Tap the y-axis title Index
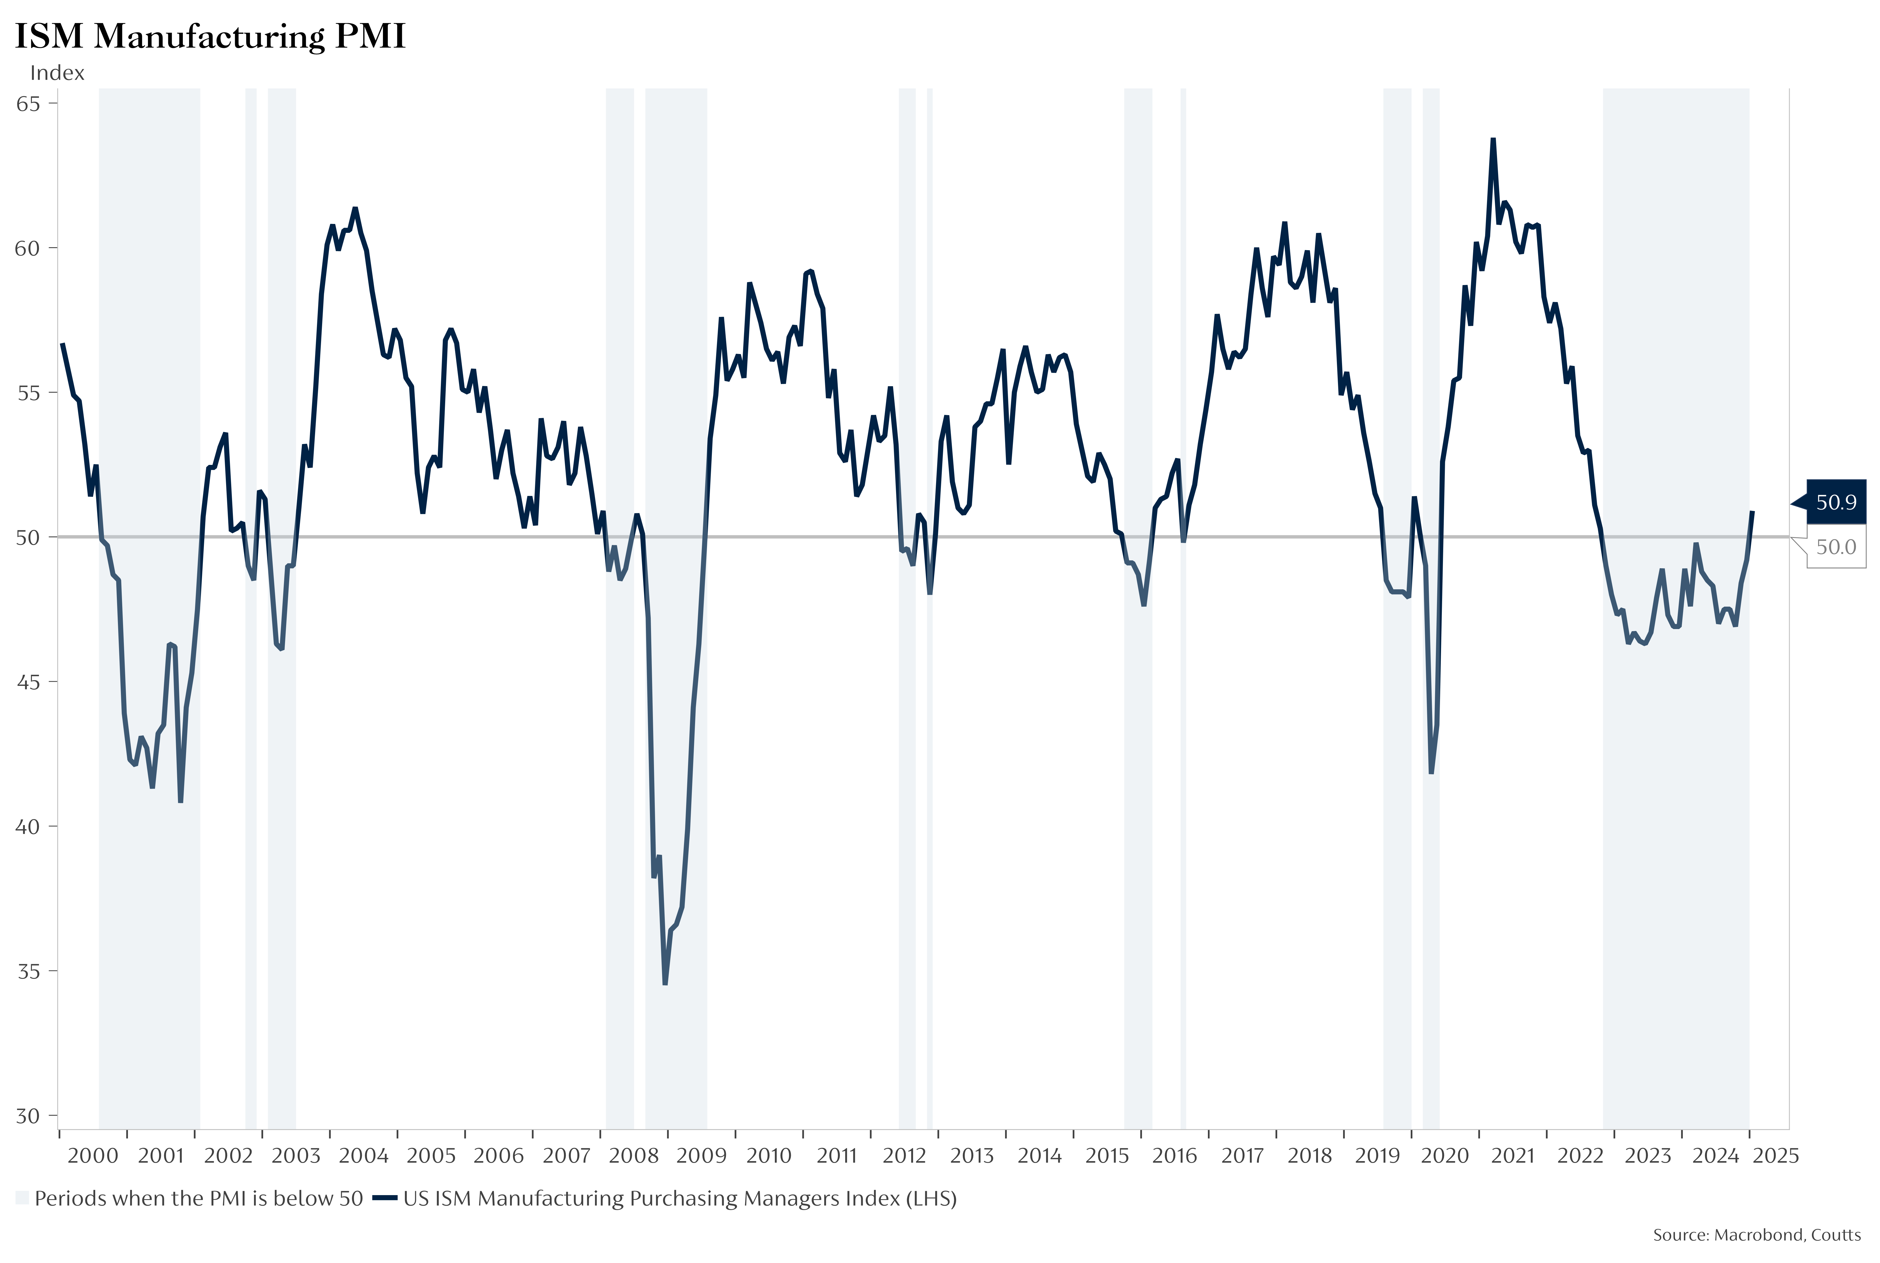tap(57, 73)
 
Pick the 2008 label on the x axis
tap(634, 1156)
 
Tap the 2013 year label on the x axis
tap(972, 1156)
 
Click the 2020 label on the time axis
tap(1445, 1156)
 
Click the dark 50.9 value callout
tap(1836, 502)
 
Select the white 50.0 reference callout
tap(1836, 547)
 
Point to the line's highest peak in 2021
tap(1493, 139)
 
